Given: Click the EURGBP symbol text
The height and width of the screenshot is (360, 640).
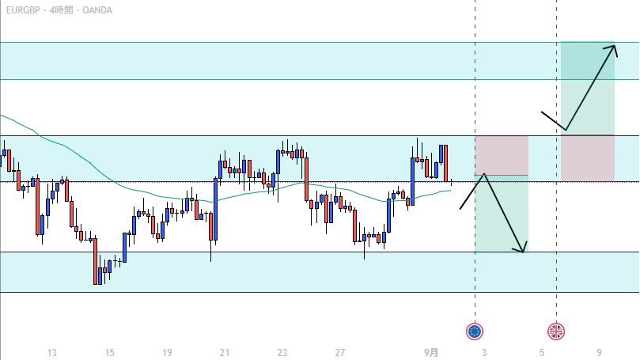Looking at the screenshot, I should [x=22, y=10].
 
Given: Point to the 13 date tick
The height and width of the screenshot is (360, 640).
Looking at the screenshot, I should [x=52, y=351].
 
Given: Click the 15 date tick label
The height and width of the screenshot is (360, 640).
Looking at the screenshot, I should [x=110, y=351].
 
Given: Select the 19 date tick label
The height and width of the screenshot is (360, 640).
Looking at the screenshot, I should [x=167, y=351].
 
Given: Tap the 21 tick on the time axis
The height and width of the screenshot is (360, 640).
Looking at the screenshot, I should [x=225, y=351].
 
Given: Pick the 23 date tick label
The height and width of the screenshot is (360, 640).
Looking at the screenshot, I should [x=282, y=351].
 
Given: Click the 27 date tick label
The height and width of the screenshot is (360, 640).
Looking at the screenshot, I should [x=340, y=351].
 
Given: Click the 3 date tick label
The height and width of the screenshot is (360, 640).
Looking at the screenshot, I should [x=483, y=351].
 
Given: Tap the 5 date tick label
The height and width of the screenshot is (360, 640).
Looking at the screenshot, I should [x=542, y=351].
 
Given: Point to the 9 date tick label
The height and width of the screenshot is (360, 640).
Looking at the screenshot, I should [x=600, y=351].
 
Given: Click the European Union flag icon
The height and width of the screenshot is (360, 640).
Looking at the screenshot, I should [x=475, y=332].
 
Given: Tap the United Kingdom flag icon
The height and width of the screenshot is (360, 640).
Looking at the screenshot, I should [x=556, y=332].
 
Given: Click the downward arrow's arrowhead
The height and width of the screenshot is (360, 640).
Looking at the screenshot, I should [x=523, y=251].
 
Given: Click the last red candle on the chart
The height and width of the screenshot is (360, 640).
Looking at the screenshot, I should [x=446, y=162].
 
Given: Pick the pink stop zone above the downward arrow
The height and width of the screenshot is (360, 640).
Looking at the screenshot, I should [x=501, y=155].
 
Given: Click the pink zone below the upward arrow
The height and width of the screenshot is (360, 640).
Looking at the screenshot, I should [x=587, y=158].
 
